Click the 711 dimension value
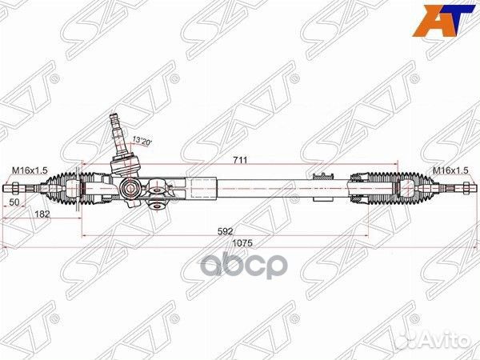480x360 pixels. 239,160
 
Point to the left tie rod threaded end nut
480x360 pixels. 16,189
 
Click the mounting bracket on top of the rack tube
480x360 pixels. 324,174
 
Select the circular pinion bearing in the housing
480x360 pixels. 129,189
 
